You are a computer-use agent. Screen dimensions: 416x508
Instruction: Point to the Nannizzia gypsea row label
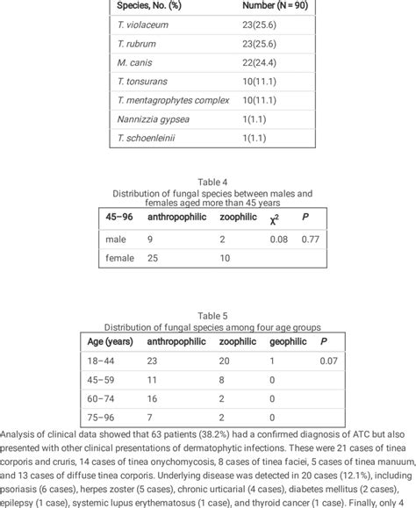[x=150, y=117]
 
